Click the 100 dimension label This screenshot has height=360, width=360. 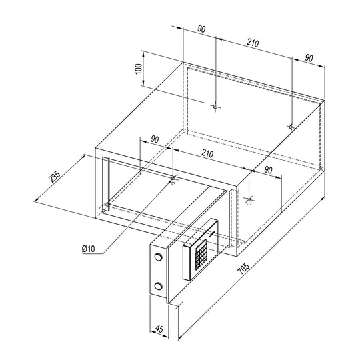(x=139, y=69)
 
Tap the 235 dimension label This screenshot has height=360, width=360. (x=55, y=177)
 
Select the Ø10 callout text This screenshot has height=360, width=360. (x=88, y=249)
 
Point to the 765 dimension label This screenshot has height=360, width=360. (x=243, y=269)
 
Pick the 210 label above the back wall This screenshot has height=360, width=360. (x=253, y=43)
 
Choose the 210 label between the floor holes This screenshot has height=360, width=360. (x=207, y=153)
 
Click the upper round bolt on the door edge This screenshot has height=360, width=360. (x=158, y=257)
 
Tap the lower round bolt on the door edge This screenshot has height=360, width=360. (x=158, y=286)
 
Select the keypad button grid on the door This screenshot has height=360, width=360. (x=201, y=255)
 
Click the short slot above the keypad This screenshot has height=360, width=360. (x=212, y=234)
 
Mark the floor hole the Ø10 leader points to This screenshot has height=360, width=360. (x=173, y=179)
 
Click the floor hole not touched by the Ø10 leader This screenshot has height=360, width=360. (x=249, y=199)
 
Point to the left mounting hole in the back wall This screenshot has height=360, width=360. (x=215, y=107)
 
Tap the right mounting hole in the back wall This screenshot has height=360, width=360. (x=291, y=127)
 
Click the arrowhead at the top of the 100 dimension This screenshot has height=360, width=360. (x=143, y=54)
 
